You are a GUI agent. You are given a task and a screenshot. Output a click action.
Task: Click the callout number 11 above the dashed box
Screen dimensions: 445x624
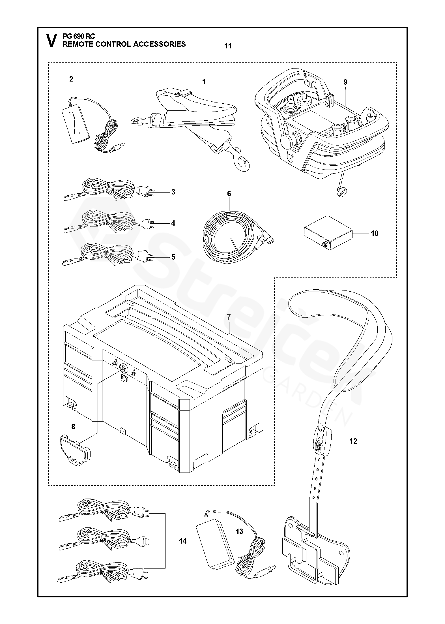click(228, 46)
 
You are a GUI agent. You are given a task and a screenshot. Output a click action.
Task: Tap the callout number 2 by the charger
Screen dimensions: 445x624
click(71, 79)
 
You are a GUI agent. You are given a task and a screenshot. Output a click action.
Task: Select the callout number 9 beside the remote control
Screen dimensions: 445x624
click(345, 82)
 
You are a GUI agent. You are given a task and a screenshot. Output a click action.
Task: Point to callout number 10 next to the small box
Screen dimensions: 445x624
click(374, 233)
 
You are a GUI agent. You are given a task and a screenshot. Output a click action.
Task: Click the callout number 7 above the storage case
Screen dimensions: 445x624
click(229, 317)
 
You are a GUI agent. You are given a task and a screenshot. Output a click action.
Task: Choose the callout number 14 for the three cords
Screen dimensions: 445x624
click(182, 541)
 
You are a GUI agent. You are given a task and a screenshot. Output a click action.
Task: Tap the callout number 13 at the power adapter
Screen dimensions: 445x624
click(239, 531)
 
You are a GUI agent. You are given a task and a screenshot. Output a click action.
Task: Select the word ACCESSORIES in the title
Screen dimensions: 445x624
click(160, 44)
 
